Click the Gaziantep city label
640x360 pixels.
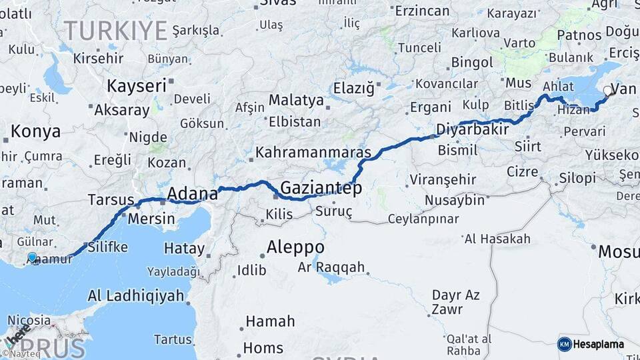321,188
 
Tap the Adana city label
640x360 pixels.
192,194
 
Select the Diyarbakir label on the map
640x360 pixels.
473,129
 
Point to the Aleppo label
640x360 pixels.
295,248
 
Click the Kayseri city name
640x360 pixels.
137,85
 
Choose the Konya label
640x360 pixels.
35,131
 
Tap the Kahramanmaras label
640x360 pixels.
313,153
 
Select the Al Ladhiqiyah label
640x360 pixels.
135,295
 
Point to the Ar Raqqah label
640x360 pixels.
331,267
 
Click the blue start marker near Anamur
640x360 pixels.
32,257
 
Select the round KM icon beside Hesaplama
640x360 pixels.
564,344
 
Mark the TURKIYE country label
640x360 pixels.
115,31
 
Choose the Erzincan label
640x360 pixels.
422,11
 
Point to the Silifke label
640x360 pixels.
107,247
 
